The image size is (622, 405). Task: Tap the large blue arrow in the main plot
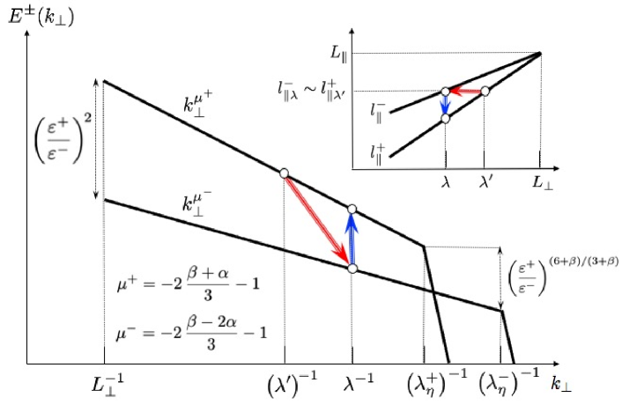[x=352, y=239]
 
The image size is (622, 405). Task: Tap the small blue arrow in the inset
[x=446, y=105]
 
